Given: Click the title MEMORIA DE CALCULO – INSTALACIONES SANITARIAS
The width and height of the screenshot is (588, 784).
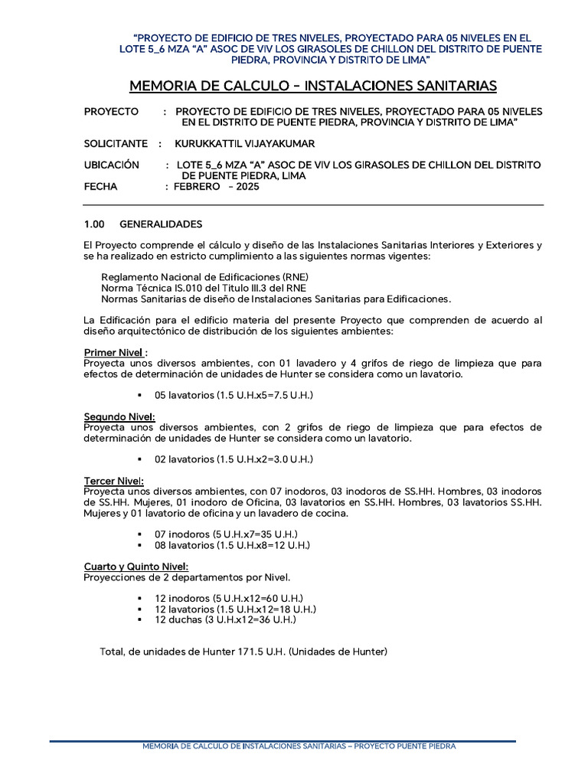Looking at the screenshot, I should click(x=313, y=85).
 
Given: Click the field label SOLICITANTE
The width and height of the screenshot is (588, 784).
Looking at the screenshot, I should click(x=115, y=143).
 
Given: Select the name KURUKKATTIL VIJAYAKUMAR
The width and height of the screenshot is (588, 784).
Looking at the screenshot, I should click(x=244, y=143).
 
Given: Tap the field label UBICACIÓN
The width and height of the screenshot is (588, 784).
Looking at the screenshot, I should click(x=112, y=165).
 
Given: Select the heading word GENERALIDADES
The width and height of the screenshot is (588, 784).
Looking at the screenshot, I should click(x=161, y=224).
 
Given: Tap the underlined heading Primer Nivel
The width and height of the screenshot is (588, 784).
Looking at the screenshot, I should click(x=115, y=352).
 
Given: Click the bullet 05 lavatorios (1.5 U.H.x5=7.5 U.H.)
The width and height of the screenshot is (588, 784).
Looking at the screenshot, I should click(x=234, y=395).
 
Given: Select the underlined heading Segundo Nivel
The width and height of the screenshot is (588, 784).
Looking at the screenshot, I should click(x=119, y=416).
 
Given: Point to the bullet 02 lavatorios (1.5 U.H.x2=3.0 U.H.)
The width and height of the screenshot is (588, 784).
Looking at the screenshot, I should click(x=234, y=459).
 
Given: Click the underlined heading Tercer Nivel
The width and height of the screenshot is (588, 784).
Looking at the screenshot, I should click(x=113, y=480).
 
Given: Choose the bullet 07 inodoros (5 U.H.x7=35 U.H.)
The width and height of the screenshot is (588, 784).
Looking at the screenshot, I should click(x=226, y=534).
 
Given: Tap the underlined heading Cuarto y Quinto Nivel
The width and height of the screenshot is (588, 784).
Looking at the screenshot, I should click(x=136, y=566).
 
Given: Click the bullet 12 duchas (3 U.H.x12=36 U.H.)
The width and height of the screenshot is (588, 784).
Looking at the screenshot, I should click(x=225, y=619).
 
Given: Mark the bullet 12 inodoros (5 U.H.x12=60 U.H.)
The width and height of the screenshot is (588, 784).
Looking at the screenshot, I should click(x=229, y=598).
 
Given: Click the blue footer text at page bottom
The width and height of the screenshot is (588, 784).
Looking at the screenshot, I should click(x=299, y=746).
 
